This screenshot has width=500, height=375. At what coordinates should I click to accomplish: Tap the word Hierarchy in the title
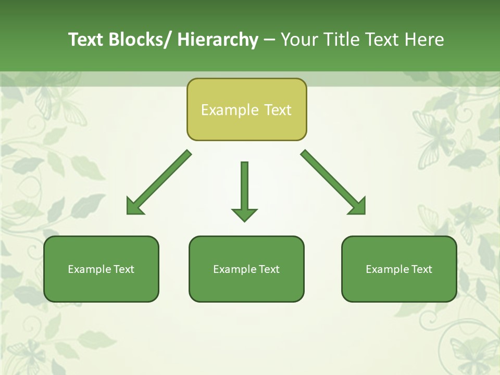click(x=218, y=40)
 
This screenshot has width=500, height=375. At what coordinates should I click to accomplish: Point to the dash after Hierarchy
click(x=269, y=40)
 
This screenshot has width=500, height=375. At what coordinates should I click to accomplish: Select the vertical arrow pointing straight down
click(x=244, y=187)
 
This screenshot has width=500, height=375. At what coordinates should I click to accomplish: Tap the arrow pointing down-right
click(x=333, y=182)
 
